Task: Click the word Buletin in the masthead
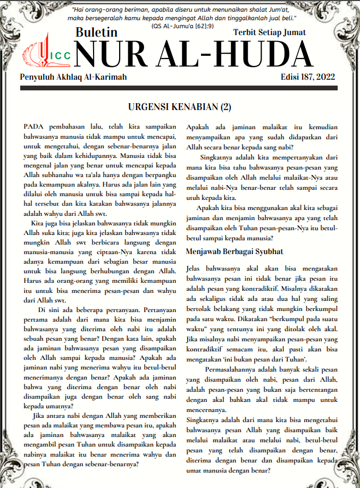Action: (x=96, y=32)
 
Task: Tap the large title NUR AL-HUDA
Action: (x=194, y=54)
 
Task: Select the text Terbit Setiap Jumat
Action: (x=269, y=32)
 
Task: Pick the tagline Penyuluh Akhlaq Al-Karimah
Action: (x=73, y=78)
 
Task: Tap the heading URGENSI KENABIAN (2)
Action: (x=180, y=107)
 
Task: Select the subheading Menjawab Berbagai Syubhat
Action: (x=235, y=251)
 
